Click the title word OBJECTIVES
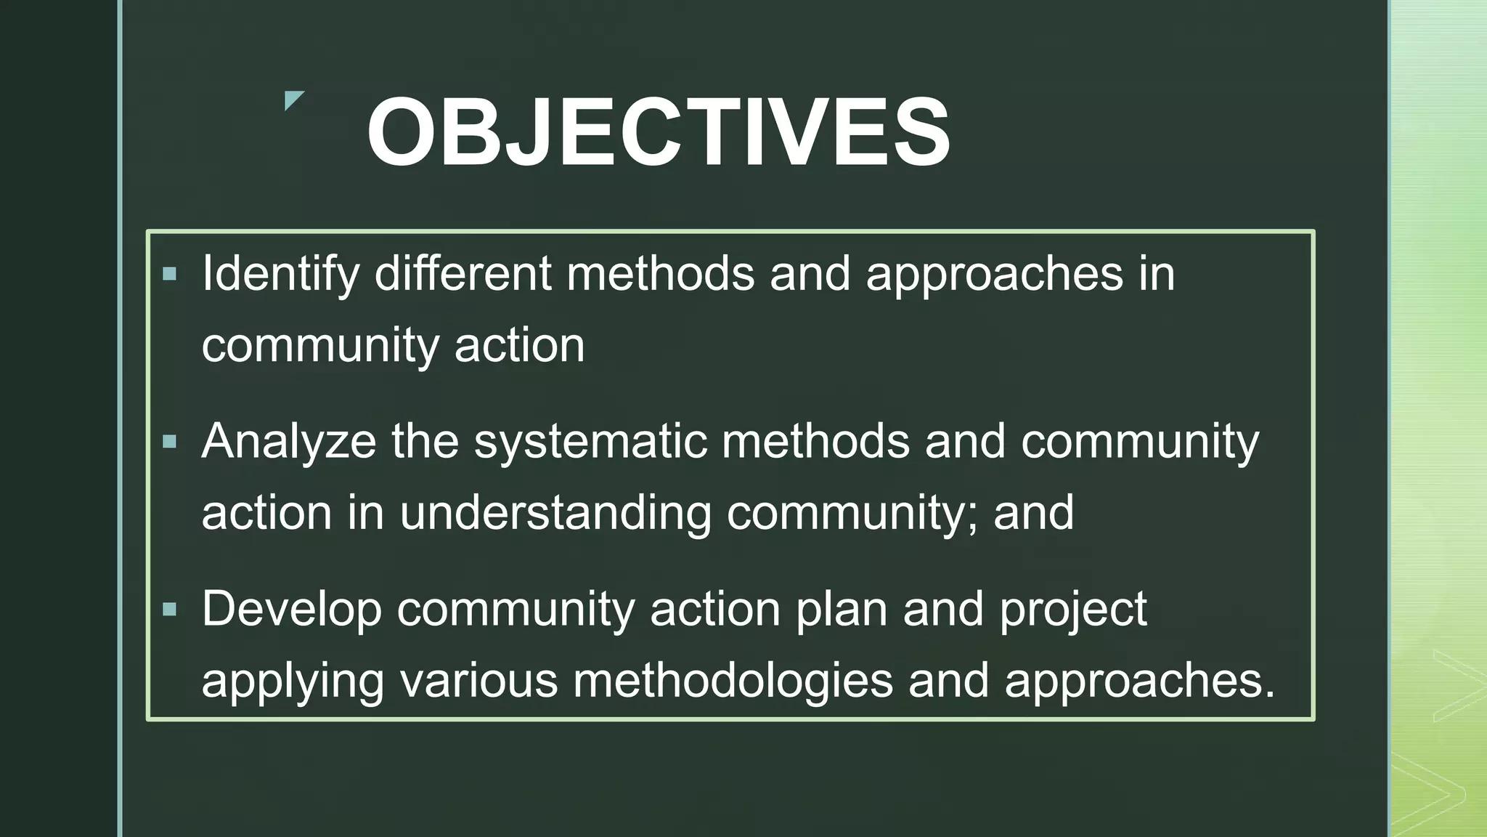(x=658, y=132)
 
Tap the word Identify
(x=280, y=275)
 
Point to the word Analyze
(x=288, y=442)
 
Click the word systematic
(x=590, y=442)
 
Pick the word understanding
(x=555, y=513)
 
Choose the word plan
(x=842, y=609)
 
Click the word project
(x=1073, y=609)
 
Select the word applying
(x=292, y=681)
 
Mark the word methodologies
(x=733, y=681)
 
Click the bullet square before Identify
(x=170, y=274)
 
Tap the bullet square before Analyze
(x=170, y=442)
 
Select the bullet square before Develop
(x=170, y=609)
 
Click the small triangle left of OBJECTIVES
(x=293, y=100)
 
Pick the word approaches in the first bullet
(x=994, y=275)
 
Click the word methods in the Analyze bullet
(x=815, y=442)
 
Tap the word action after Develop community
(x=715, y=609)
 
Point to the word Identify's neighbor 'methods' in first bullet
(x=660, y=273)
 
